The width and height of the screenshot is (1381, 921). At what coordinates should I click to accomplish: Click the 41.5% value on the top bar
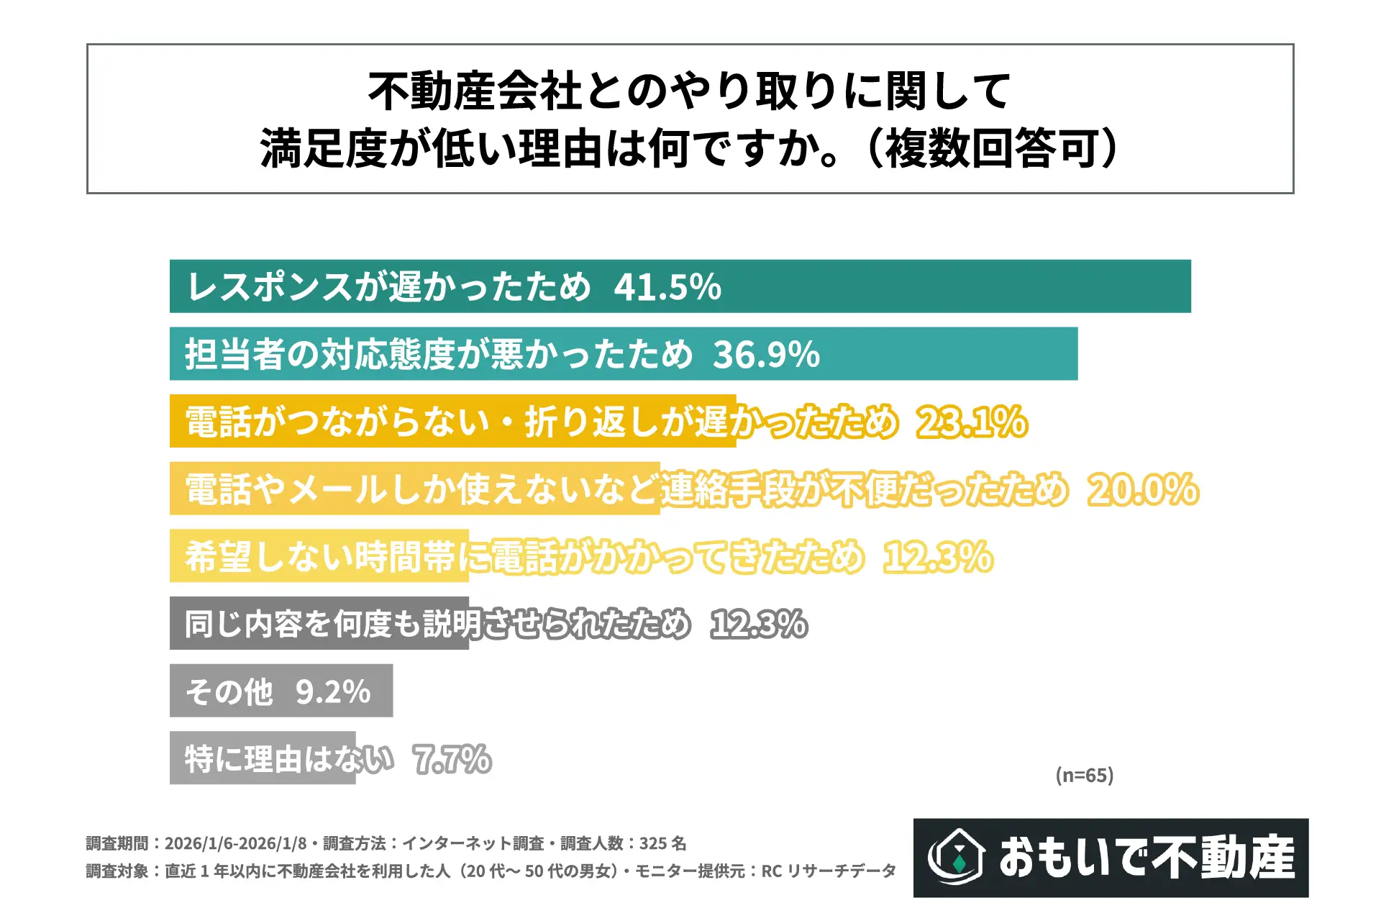(x=667, y=287)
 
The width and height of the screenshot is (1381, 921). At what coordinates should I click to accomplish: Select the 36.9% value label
(x=766, y=354)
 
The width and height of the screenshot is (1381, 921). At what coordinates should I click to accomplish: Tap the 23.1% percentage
(x=972, y=422)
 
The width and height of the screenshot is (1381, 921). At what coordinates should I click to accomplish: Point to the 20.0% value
(x=1143, y=489)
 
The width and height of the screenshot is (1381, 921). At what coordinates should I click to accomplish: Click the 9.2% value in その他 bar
(x=333, y=691)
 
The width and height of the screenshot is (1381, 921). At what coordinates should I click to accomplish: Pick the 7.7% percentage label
(x=452, y=759)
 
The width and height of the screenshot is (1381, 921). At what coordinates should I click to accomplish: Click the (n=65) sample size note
(x=1085, y=775)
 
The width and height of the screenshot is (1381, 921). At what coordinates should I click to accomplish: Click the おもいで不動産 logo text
(x=1147, y=857)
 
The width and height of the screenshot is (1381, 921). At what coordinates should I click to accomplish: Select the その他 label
(x=229, y=691)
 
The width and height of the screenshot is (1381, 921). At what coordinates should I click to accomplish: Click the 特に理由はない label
(x=289, y=759)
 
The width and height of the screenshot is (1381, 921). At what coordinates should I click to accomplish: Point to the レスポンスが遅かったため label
(x=388, y=287)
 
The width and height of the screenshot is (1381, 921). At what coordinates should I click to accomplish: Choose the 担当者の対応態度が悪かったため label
(x=439, y=354)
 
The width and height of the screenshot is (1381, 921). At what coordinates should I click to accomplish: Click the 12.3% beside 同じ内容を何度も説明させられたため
(x=759, y=624)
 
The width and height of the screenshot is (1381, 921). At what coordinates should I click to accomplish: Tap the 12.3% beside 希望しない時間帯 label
(x=938, y=557)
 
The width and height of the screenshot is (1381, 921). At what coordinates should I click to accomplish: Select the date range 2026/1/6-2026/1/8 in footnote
(x=236, y=843)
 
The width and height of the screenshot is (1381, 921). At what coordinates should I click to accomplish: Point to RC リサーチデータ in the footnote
(x=829, y=871)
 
